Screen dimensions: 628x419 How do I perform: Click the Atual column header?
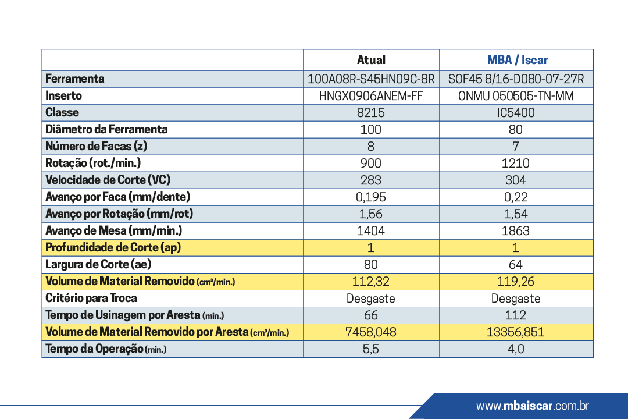pos(371,60)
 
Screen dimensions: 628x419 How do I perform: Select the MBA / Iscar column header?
pos(517,60)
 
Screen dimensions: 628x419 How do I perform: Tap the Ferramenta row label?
pos(75,79)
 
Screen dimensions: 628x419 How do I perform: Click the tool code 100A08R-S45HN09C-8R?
pos(371,79)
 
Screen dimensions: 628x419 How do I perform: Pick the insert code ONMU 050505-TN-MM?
pos(516,96)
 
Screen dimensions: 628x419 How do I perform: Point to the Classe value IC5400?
pos(516,113)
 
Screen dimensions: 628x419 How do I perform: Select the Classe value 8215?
pos(371,113)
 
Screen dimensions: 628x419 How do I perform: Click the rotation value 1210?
pos(516,163)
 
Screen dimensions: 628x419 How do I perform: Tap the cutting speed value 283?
pos(371,180)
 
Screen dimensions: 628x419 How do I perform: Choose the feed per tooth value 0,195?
pos(371,197)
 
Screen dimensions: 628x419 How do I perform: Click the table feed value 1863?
pos(516,230)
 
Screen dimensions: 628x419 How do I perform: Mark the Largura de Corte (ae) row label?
pos(98,264)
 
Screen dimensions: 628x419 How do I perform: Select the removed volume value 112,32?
pos(371,281)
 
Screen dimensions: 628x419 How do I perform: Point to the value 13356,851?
pos(516,332)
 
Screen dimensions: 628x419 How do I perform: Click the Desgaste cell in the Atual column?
pos(371,299)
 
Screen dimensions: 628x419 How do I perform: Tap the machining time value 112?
pos(516,315)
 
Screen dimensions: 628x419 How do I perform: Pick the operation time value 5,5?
pos(371,349)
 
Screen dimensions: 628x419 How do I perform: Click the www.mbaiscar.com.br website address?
pos(533,406)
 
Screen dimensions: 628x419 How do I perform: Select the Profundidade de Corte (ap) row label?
pos(113,247)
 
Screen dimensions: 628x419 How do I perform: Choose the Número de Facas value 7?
pos(516,146)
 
